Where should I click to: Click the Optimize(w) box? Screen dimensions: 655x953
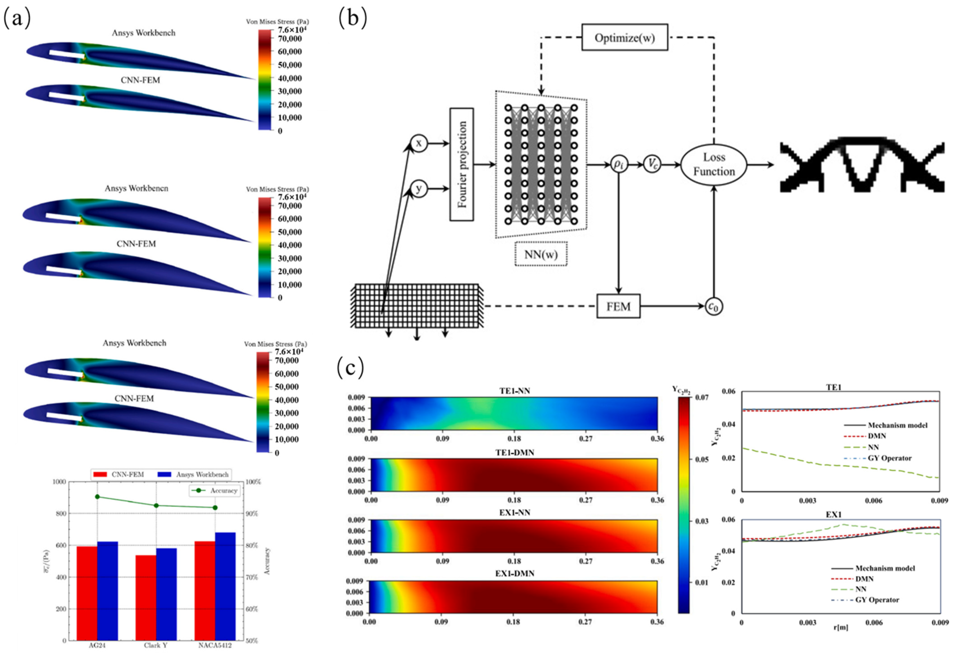pyautogui.click(x=624, y=38)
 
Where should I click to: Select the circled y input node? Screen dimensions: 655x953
pyautogui.click(x=419, y=189)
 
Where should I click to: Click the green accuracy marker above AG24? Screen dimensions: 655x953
pyautogui.click(x=97, y=497)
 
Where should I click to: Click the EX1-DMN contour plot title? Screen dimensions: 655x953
pyautogui.click(x=514, y=573)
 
